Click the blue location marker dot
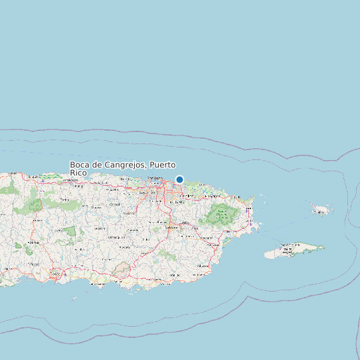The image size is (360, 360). (179, 179)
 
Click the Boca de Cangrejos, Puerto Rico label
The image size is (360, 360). (123, 168)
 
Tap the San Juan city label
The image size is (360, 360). (155, 179)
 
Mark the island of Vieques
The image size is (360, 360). (292, 250)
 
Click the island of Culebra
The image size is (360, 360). (322, 210)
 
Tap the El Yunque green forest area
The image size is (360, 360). (220, 215)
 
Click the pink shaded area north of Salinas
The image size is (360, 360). (122, 269)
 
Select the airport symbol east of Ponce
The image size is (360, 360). (64, 274)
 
